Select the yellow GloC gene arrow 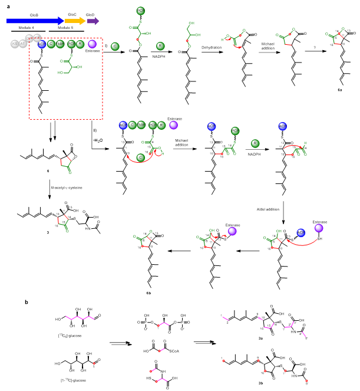74,21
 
